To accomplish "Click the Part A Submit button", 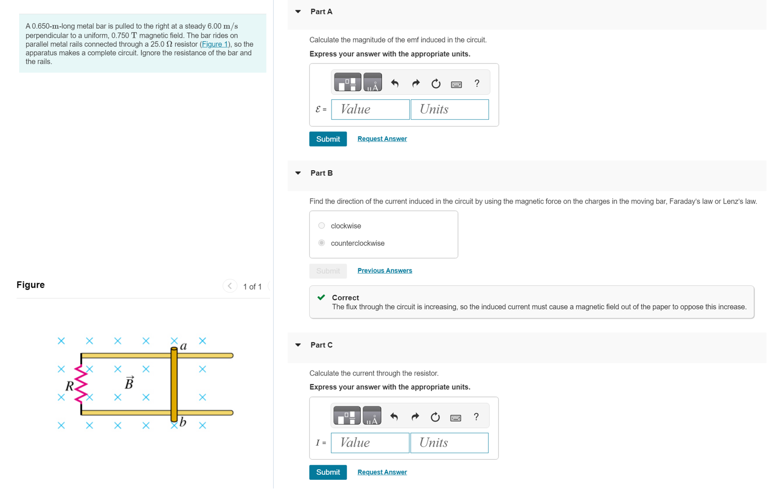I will tap(328, 139).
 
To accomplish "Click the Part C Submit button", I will tap(328, 472).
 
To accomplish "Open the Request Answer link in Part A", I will tap(382, 139).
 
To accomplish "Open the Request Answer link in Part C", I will tap(382, 472).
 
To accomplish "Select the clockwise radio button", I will tap(321, 226).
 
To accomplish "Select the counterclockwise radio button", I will tap(321, 243).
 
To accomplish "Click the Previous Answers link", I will tap(384, 271).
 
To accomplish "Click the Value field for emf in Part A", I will tap(370, 109).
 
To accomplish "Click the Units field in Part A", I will tap(449, 109).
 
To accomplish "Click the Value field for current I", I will tap(370, 443).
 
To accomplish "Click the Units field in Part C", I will tap(449, 443).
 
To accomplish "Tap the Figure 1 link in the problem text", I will tap(215, 44).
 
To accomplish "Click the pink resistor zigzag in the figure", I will tap(81, 385).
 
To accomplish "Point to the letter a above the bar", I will tap(183, 346).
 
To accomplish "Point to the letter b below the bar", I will tap(183, 422).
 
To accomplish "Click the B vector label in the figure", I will tap(129, 383).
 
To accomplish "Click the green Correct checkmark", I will tap(321, 298).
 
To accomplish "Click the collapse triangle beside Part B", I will tap(298, 173).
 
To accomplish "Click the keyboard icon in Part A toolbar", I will tap(456, 84).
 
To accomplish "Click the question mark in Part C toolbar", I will tap(476, 417).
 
